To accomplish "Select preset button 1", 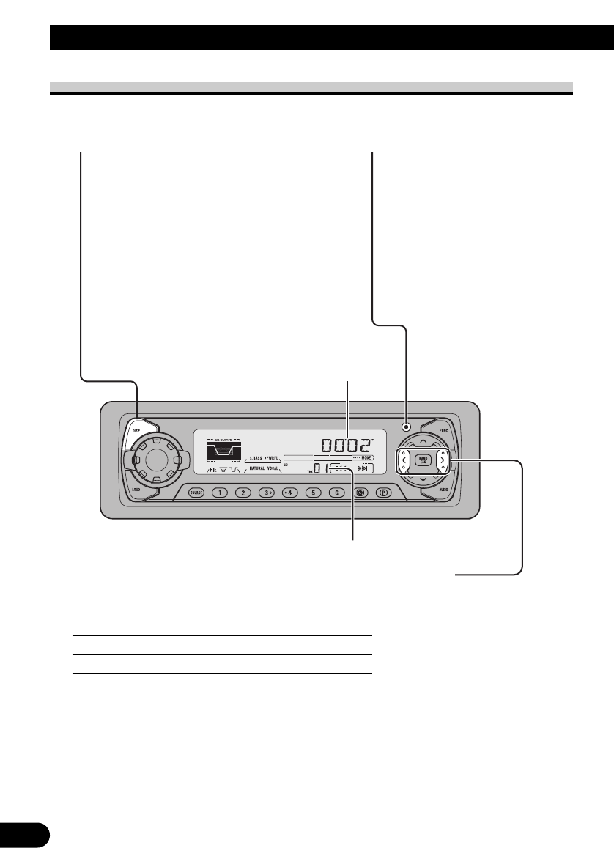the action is pyautogui.click(x=219, y=493).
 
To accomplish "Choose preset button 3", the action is pyautogui.click(x=267, y=493).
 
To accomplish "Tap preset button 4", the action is pyautogui.click(x=289, y=493).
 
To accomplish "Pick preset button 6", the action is pyautogui.click(x=336, y=493).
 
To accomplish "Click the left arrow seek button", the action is pyautogui.click(x=403, y=460).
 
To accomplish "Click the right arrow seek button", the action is pyautogui.click(x=442, y=460).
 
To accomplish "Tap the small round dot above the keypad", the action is pyautogui.click(x=405, y=427).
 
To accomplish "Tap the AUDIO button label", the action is pyautogui.click(x=444, y=487).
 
